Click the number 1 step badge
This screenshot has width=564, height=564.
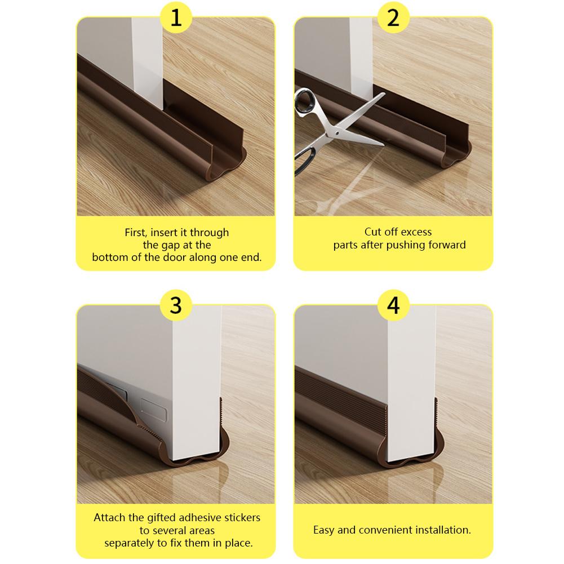[x=176, y=17]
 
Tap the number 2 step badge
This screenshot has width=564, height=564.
[x=393, y=17]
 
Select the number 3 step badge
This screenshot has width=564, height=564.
[x=176, y=305]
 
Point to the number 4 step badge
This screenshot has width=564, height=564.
[x=393, y=305]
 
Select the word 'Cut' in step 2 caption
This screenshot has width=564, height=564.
[x=372, y=232]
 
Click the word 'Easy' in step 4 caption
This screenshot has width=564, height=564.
[x=324, y=530]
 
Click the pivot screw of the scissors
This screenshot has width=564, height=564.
[x=337, y=133]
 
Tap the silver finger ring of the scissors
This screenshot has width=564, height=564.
[x=306, y=101]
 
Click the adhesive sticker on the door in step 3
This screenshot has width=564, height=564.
[x=154, y=410]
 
